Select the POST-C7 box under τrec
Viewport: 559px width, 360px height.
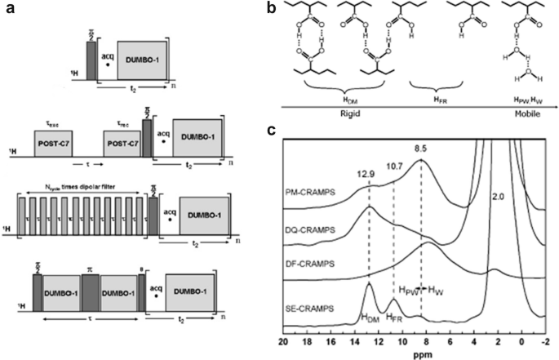tap(118, 142)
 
